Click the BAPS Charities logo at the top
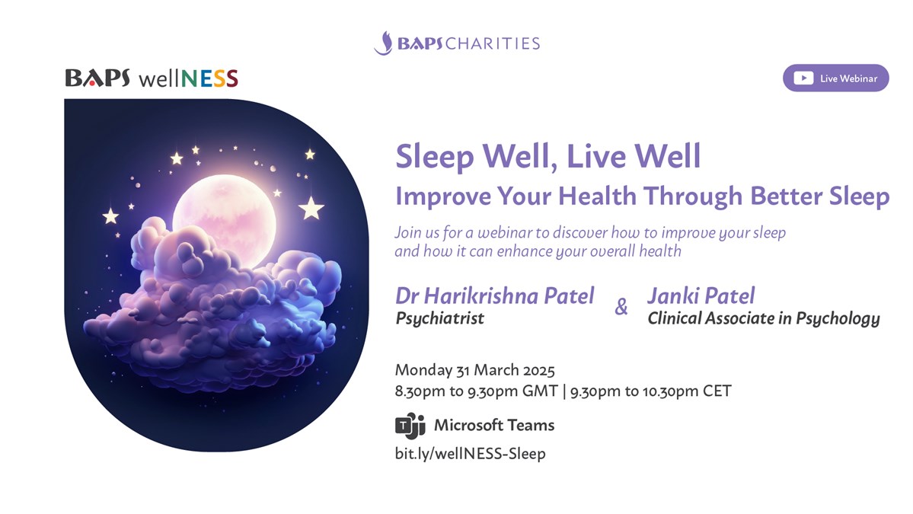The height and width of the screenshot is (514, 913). [457, 43]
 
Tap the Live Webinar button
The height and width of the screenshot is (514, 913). [835, 78]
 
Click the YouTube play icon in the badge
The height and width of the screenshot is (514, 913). [803, 78]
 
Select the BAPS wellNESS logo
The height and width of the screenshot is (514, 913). [152, 78]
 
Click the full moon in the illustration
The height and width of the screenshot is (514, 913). [224, 216]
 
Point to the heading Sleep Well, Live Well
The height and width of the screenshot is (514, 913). [548, 157]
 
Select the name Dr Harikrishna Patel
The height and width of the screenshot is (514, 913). [495, 295]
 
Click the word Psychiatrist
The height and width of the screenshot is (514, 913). [439, 318]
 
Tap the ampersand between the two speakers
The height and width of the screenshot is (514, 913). [621, 306]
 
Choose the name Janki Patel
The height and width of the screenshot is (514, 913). [701, 295]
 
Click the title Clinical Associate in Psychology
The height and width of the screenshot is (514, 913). [763, 318]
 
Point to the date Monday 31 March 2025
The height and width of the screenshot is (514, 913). [474, 370]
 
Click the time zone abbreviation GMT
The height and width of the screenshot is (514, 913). [540, 391]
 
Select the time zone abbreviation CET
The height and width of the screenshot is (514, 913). [717, 391]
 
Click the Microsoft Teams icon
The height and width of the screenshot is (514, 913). [410, 426]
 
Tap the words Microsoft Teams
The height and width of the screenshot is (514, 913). [493, 426]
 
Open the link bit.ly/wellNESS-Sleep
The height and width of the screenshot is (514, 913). [471, 453]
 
